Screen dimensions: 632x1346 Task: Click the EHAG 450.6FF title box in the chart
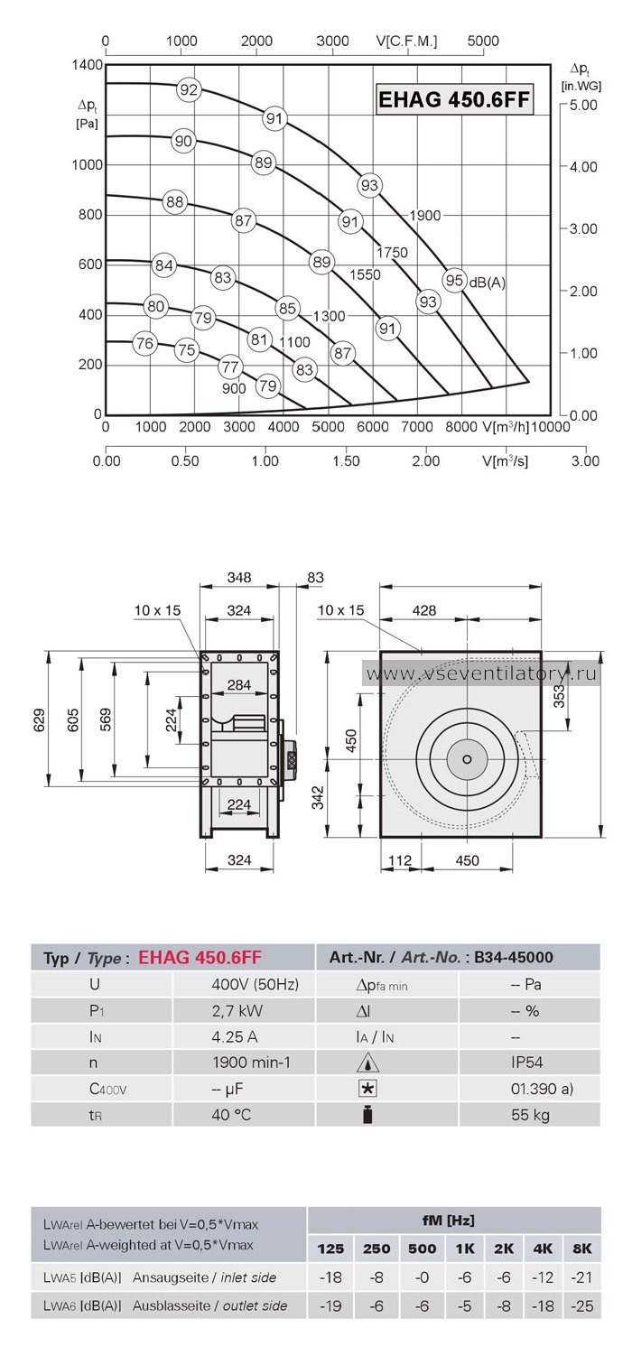tap(454, 99)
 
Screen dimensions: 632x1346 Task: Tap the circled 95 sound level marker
tap(454, 280)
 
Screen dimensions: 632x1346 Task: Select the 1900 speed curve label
tap(424, 215)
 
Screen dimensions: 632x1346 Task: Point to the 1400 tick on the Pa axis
tap(87, 65)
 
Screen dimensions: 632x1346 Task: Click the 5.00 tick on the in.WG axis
tap(582, 105)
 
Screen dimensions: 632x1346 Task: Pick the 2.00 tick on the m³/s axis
tap(425, 461)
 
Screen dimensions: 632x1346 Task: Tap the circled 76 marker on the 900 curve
tap(144, 343)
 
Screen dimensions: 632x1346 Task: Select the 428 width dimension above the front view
tap(424, 610)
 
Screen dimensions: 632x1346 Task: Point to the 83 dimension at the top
tap(315, 578)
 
